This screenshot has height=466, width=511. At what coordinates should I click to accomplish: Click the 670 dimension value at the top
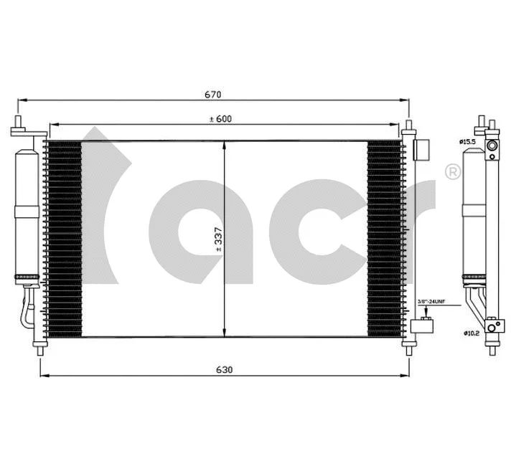click(213, 95)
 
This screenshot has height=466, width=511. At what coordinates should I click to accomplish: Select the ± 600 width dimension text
click(220, 119)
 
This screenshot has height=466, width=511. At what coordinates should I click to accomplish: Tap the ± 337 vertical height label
click(218, 242)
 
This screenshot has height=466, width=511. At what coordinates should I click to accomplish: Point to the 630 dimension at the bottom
click(225, 369)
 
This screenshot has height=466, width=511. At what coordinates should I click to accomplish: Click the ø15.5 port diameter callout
click(467, 141)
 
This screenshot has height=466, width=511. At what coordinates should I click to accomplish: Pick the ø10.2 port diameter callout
click(471, 333)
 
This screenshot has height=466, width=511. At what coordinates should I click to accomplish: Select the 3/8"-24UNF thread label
click(432, 303)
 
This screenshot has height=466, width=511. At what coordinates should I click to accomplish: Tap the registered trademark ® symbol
click(453, 172)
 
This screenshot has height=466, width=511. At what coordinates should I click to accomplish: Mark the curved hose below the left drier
click(28, 308)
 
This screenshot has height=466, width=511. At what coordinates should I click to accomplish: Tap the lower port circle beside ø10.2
click(492, 327)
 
